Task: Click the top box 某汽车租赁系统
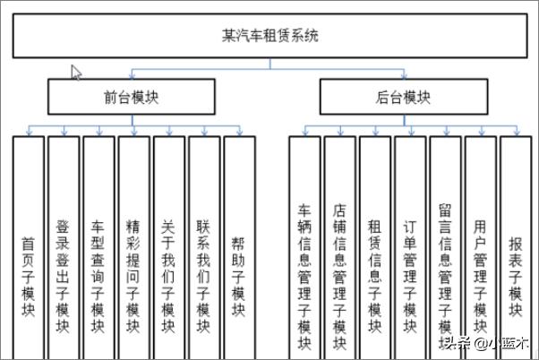point(269,36)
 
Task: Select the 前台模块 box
point(132,97)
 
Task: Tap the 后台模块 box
point(404,97)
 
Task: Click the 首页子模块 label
point(28,276)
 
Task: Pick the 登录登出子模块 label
point(63,276)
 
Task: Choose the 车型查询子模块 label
point(98,276)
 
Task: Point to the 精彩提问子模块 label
point(133,276)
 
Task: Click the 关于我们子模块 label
point(168,276)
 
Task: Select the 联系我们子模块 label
point(203,276)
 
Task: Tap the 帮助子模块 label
point(238,276)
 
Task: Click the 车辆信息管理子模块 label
point(304,276)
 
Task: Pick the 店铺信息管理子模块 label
point(339,276)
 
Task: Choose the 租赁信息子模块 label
point(374,276)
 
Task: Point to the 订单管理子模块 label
point(410,276)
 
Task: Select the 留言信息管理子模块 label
point(445,276)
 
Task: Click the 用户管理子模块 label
point(480,276)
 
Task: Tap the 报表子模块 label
point(516,276)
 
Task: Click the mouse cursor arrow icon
point(76,73)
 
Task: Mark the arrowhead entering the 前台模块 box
point(132,76)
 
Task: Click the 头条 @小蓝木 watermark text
point(485,343)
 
